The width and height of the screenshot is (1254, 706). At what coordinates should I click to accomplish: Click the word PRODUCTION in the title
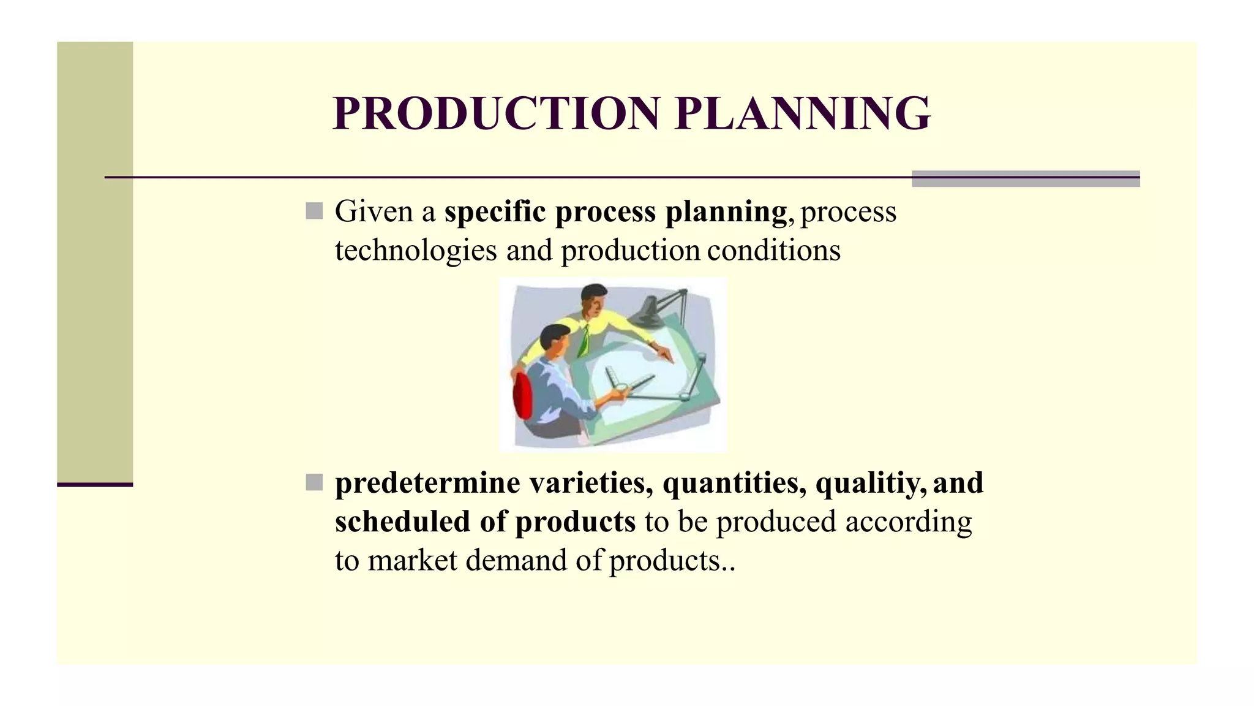(x=496, y=114)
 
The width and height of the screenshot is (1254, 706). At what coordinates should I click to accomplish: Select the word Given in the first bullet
(x=374, y=211)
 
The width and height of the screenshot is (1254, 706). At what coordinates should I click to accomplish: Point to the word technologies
(x=415, y=250)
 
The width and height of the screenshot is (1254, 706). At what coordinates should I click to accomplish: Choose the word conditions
(x=774, y=250)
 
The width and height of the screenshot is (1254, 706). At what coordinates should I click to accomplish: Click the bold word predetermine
(x=427, y=483)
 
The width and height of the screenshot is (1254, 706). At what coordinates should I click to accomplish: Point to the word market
(x=412, y=560)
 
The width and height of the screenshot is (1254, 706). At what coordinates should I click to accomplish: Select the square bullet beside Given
(x=314, y=211)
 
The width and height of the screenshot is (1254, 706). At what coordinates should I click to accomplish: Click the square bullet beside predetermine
(x=314, y=483)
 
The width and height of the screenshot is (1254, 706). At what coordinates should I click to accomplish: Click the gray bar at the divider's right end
(x=1026, y=178)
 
